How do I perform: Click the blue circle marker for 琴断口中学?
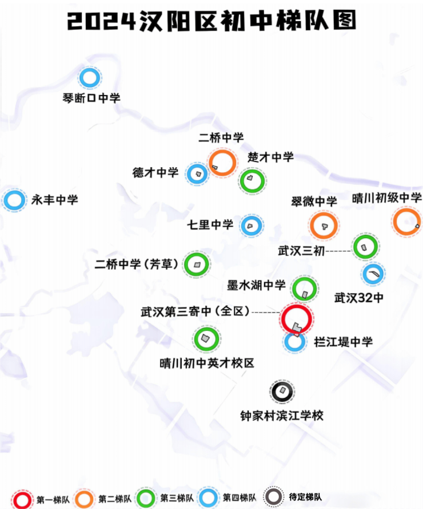pos(81,78)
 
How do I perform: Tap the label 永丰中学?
pos(55,200)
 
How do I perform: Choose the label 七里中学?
pos(210,224)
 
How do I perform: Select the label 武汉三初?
pos(301,251)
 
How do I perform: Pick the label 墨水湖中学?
pos(256,285)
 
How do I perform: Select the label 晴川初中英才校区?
pos(206,363)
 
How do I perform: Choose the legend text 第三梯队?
pos(177,498)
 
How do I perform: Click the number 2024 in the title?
pos(101,21)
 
